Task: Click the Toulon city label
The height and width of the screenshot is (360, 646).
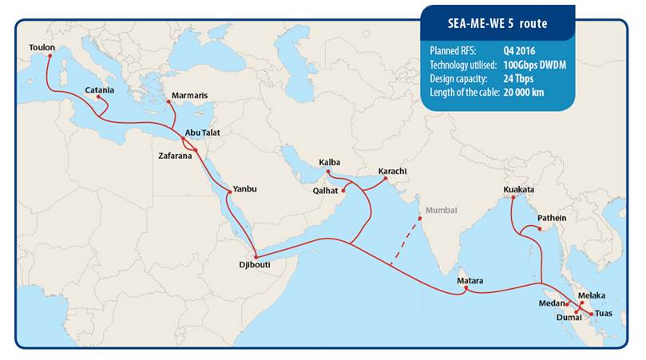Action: pyautogui.click(x=42, y=48)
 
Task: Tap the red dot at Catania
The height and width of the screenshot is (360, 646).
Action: pyautogui.click(x=98, y=97)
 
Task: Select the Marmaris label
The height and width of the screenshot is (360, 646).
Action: pyautogui.click(x=189, y=96)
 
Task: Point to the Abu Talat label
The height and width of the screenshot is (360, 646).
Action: pyautogui.click(x=202, y=133)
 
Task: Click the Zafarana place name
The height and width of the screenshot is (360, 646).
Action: pyautogui.click(x=176, y=156)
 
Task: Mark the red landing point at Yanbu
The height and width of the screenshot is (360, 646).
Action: pyautogui.click(x=232, y=190)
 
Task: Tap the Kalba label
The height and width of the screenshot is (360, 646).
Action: pyautogui.click(x=330, y=162)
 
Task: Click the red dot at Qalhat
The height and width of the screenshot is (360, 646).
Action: pyautogui.click(x=344, y=191)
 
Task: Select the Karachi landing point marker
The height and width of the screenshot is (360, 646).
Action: pyautogui.click(x=386, y=179)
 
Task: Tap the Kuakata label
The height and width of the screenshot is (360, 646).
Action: pyautogui.click(x=519, y=189)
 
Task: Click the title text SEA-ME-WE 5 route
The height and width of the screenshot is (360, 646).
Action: pyautogui.click(x=497, y=24)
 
